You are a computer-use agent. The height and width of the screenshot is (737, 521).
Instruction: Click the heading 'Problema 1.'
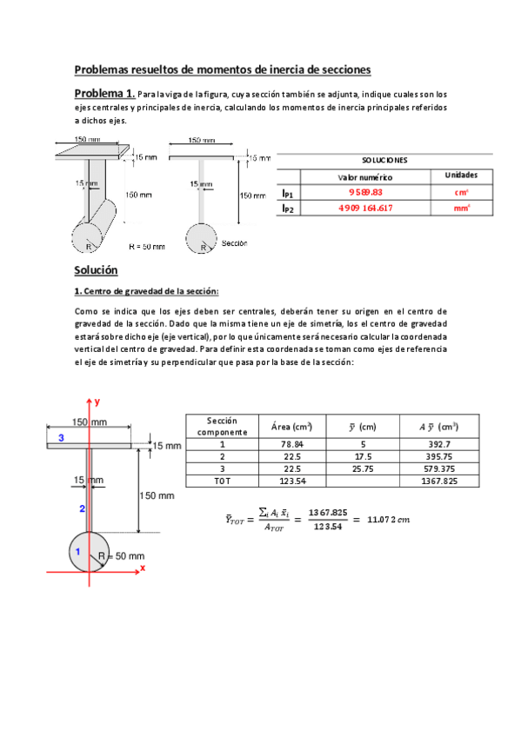(x=104, y=93)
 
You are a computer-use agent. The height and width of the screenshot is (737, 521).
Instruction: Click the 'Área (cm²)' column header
(x=292, y=427)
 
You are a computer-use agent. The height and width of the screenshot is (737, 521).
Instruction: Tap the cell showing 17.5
(x=367, y=455)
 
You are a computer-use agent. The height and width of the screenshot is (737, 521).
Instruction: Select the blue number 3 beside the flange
(x=61, y=439)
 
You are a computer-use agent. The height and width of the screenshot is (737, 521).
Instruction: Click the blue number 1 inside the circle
(x=77, y=551)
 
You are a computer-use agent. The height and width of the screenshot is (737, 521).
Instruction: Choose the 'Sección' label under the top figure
(x=235, y=243)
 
